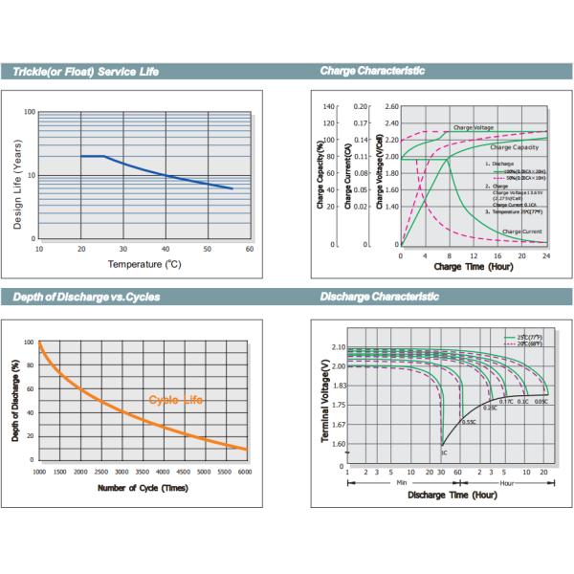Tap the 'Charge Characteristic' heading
pos(372,72)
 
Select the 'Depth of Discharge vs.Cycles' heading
pos(86,298)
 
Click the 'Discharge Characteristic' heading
pos(379,298)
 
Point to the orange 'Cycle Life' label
pos(176,400)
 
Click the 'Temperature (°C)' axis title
pos(143,262)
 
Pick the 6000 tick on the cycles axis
pos(245,473)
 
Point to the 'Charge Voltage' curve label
pos(474,127)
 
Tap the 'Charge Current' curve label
pos(522,232)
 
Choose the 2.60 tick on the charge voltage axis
pos(392,107)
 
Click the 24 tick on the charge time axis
pos(546,256)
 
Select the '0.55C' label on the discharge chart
pos(469,422)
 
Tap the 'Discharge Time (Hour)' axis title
pos(452,496)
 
